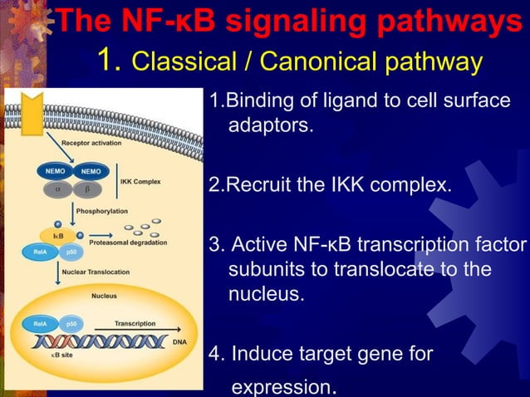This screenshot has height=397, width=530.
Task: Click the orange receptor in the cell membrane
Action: (32, 115)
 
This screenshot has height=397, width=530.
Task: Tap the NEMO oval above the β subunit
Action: (91, 171)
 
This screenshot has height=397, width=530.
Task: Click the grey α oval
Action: (57, 188)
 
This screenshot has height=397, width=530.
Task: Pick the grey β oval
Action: (86, 188)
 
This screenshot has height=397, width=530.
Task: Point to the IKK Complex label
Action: (140, 180)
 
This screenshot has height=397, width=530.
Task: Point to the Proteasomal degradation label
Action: (127, 243)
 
